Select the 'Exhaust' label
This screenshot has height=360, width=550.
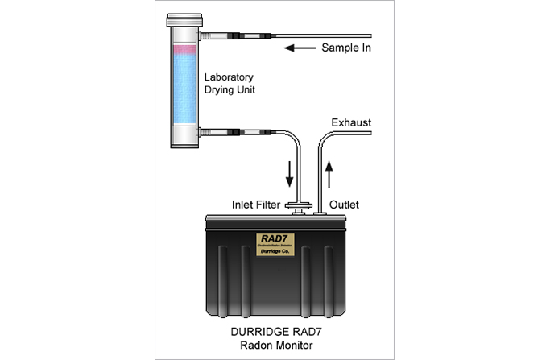351,122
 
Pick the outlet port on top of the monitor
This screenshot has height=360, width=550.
320,211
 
